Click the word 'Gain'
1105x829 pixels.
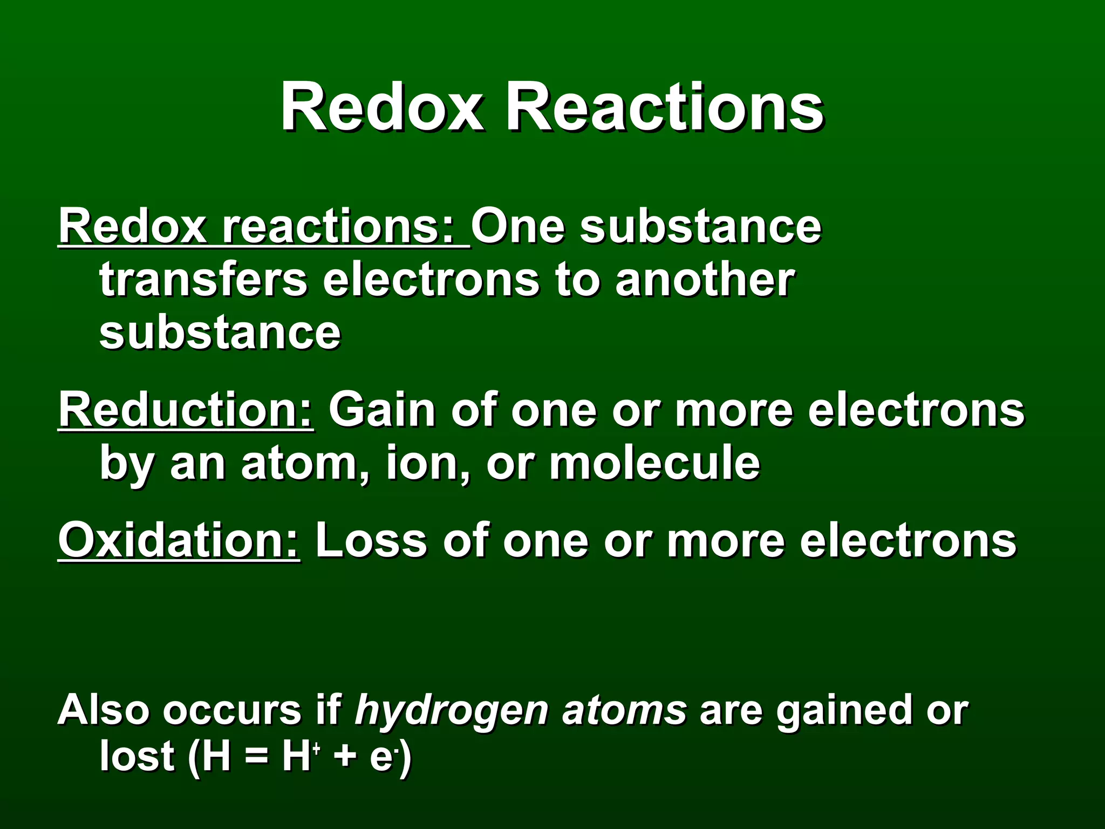click(381, 410)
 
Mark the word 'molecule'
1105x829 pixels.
click(654, 463)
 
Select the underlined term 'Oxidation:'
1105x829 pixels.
click(179, 540)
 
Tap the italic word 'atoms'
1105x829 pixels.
click(624, 710)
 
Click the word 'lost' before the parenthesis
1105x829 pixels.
click(137, 756)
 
